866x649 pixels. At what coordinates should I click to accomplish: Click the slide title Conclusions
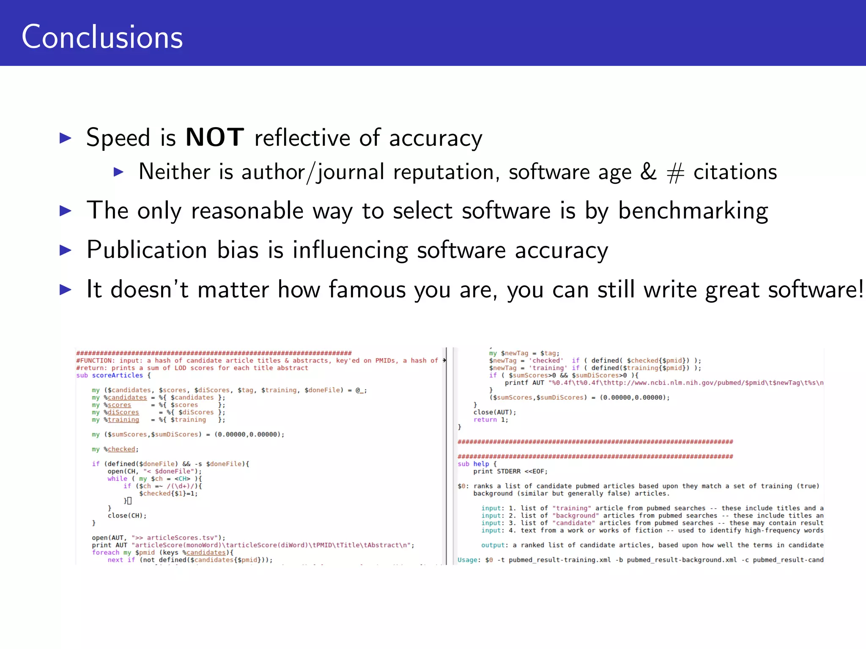pyautogui.click(x=102, y=37)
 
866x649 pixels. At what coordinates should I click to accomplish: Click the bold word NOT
pyautogui.click(x=215, y=137)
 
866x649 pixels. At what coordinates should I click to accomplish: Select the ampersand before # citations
pyautogui.click(x=648, y=172)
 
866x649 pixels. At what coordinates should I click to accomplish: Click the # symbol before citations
pyautogui.click(x=675, y=173)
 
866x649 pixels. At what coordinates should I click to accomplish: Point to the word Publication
pyautogui.click(x=147, y=250)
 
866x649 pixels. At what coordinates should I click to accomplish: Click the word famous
pyautogui.click(x=367, y=289)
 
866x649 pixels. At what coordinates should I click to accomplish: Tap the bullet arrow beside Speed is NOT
pyautogui.click(x=66, y=138)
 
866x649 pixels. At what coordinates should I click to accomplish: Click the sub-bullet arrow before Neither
pyautogui.click(x=119, y=172)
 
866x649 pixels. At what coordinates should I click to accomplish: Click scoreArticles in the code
pyautogui.click(x=118, y=375)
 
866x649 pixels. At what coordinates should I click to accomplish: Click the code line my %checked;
pyautogui.click(x=115, y=449)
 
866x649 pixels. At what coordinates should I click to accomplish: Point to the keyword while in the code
pyautogui.click(x=117, y=479)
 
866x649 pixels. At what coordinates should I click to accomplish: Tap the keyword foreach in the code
pyautogui.click(x=106, y=552)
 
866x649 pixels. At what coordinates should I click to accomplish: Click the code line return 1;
pyautogui.click(x=491, y=420)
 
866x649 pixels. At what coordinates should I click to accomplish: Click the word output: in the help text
pyautogui.click(x=493, y=545)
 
